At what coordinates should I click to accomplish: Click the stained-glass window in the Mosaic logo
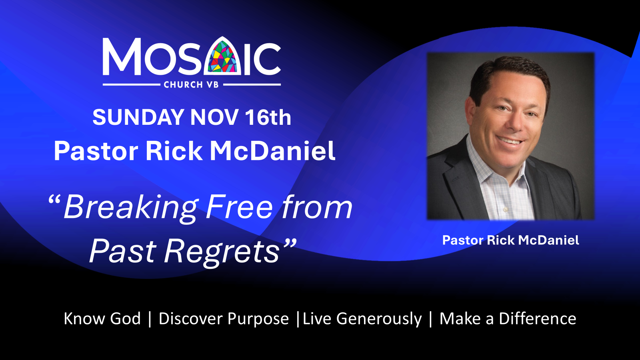point(222,56)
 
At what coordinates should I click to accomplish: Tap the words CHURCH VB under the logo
point(191,84)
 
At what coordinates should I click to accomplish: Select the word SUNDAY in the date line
point(138,117)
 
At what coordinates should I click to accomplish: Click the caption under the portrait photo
point(510,240)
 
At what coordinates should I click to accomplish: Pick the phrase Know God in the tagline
point(102,318)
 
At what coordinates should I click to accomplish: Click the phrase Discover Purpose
point(224,319)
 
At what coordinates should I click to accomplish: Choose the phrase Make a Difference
point(508,318)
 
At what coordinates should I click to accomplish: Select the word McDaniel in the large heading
point(272,151)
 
